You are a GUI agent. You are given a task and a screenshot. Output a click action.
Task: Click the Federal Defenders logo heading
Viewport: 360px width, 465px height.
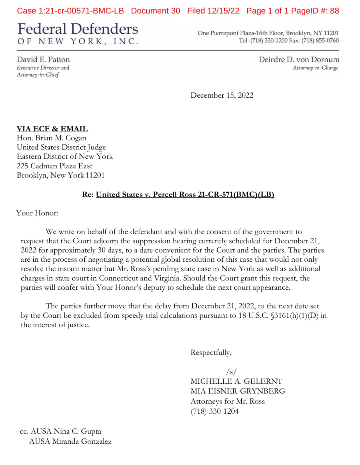point(78,29)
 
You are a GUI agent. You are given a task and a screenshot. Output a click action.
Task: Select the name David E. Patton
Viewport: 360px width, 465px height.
point(43,59)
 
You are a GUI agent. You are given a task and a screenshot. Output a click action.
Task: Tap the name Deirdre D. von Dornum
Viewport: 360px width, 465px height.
point(299,59)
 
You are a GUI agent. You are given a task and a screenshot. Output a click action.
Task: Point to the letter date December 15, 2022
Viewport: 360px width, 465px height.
point(222,95)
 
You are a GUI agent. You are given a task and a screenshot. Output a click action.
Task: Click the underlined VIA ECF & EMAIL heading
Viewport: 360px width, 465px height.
point(52,129)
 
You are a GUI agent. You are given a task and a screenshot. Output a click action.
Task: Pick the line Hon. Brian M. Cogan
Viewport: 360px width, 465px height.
point(52,138)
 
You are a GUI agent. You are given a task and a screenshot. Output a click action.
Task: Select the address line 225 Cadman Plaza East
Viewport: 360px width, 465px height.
point(54,166)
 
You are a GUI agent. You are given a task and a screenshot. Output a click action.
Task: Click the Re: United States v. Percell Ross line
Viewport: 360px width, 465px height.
point(178,194)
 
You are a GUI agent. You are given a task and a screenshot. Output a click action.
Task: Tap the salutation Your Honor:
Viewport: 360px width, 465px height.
point(37,213)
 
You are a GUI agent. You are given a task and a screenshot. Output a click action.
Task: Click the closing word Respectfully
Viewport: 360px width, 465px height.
point(211,353)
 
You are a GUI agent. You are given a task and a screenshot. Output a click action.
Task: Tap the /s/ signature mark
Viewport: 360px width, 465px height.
point(231,372)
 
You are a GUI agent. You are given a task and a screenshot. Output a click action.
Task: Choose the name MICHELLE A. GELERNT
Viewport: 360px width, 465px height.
point(236,381)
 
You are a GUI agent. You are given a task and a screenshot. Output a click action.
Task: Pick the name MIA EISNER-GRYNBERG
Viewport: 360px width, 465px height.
point(238,391)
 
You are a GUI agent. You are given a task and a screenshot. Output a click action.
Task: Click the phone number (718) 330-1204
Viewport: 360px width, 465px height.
point(214,411)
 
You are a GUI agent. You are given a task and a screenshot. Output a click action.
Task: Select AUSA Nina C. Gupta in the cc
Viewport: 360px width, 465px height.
point(66,431)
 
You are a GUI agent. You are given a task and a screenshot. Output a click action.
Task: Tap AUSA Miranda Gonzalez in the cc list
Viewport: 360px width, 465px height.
point(70,441)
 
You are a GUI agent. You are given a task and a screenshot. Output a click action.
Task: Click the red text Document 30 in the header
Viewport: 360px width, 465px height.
point(155,11)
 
